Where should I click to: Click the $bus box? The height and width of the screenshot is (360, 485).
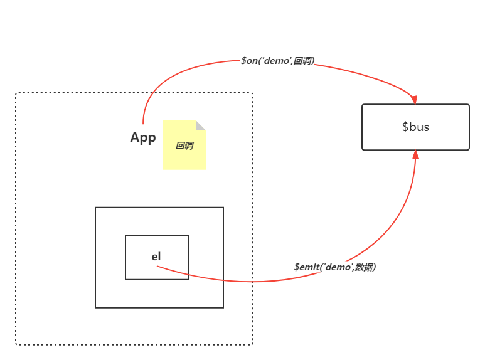click(x=415, y=127)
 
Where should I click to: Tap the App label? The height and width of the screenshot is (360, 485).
click(x=143, y=138)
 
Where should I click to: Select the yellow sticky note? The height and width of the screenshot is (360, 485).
click(x=184, y=146)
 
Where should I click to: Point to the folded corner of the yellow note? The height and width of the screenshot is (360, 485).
click(x=200, y=125)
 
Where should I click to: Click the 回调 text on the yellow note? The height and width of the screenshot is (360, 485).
click(x=184, y=146)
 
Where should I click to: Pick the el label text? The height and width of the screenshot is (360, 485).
click(x=156, y=257)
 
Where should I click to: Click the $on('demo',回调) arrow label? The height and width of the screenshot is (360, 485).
click(x=277, y=61)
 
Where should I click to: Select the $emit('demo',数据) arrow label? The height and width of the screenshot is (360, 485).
click(x=335, y=267)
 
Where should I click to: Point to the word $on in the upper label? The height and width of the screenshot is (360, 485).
click(x=248, y=61)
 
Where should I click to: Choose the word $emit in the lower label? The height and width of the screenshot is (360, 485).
click(x=306, y=267)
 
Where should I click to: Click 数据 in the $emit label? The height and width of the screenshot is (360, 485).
click(x=365, y=267)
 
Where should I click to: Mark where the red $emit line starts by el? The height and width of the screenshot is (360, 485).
click(x=157, y=266)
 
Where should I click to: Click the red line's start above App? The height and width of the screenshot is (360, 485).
click(x=144, y=123)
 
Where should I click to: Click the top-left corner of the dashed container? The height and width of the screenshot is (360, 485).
click(x=16, y=93)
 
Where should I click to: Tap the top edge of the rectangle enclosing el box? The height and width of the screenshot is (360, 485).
click(x=159, y=208)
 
